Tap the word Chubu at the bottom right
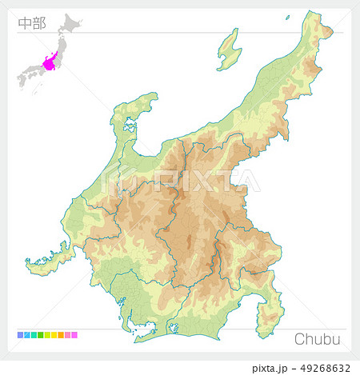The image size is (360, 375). [x=318, y=339]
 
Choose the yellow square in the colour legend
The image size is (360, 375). [x=54, y=335]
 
